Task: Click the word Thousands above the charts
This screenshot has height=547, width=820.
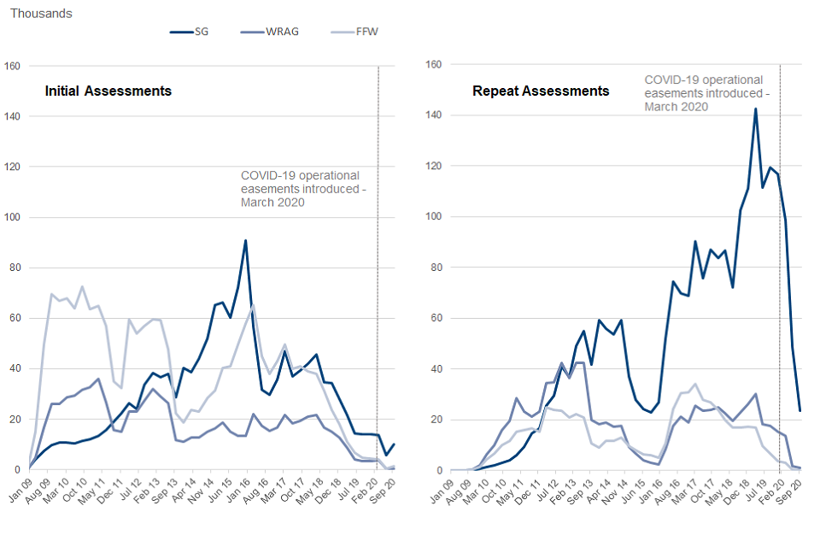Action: [x=41, y=14]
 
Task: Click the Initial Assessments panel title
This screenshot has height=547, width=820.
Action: [x=108, y=91]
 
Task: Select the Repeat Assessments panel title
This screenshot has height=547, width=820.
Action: [x=541, y=91]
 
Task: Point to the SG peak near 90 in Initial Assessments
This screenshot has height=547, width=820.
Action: [x=245, y=240]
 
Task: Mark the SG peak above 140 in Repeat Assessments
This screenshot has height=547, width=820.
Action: [x=755, y=109]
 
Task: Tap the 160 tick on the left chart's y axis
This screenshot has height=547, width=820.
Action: [x=12, y=65]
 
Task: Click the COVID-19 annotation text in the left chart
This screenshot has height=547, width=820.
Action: [x=302, y=189]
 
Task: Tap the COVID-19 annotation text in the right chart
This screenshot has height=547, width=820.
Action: [x=706, y=93]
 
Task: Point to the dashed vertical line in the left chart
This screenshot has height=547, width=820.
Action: [x=378, y=256]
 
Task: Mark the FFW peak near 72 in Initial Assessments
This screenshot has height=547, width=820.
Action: [x=82, y=287]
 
